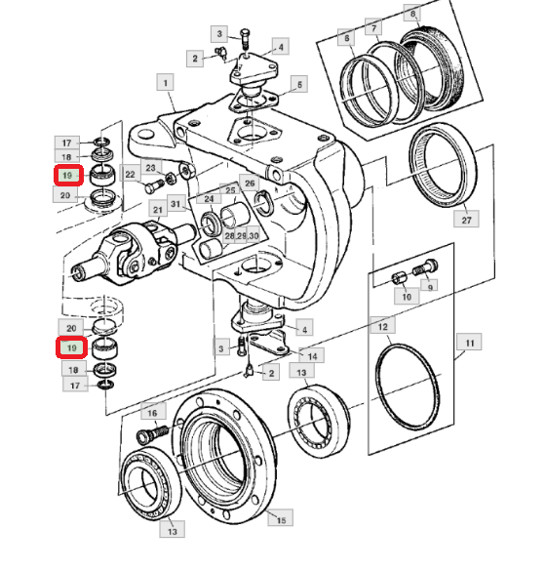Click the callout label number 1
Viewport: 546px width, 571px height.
pos(165,82)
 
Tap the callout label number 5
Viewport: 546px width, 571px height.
pos(299,85)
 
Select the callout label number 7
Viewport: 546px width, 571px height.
pos(373,27)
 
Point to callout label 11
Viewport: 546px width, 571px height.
pos(469,342)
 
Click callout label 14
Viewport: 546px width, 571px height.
pos(312,355)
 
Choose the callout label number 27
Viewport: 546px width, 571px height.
pos(466,220)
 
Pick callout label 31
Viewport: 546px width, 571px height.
pos(175,204)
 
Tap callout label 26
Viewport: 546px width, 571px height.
pos(250,184)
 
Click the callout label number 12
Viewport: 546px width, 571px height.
pos(382,325)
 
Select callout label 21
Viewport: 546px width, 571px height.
pos(158,210)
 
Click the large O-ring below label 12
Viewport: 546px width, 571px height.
pos(408,387)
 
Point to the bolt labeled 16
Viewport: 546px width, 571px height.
pos(151,433)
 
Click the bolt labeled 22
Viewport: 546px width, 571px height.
pos(154,186)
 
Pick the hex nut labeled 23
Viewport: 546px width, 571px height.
pos(169,178)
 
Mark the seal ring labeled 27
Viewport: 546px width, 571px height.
pos(442,165)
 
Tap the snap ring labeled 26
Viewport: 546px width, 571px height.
pos(264,202)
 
